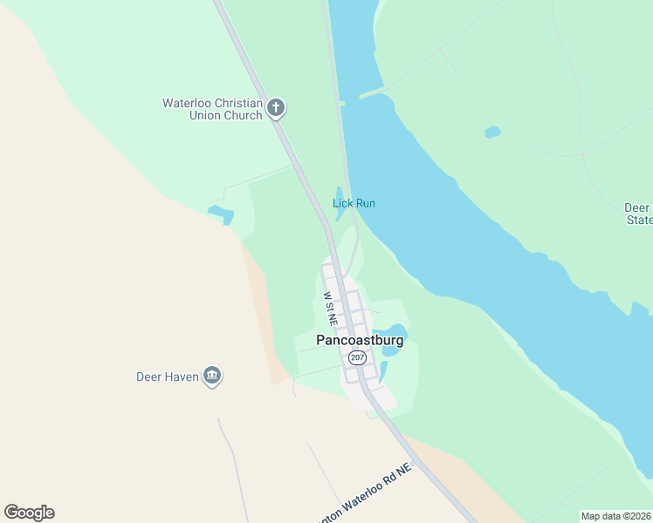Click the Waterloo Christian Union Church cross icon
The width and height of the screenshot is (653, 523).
coord(276,108)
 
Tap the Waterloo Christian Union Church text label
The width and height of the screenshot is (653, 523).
coord(212,109)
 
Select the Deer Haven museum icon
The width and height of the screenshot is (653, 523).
coord(211,377)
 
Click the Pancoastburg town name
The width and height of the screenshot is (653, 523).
coord(360,341)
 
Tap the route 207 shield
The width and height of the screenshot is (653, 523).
coord(356,358)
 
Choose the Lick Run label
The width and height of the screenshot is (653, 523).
coord(354,203)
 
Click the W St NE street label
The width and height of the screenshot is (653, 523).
coord(330,309)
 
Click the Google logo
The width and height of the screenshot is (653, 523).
coord(29,513)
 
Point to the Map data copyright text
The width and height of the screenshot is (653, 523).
coord(615,516)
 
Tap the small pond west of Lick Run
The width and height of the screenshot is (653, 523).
coord(221,214)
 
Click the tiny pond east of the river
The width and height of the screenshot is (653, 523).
coord(492,132)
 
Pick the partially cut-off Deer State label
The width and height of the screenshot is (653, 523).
coord(638,214)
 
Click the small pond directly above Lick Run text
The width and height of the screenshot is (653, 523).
coord(339,194)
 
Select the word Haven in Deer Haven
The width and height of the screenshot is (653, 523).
coord(182,377)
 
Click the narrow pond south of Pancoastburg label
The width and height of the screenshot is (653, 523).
coord(382,371)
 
